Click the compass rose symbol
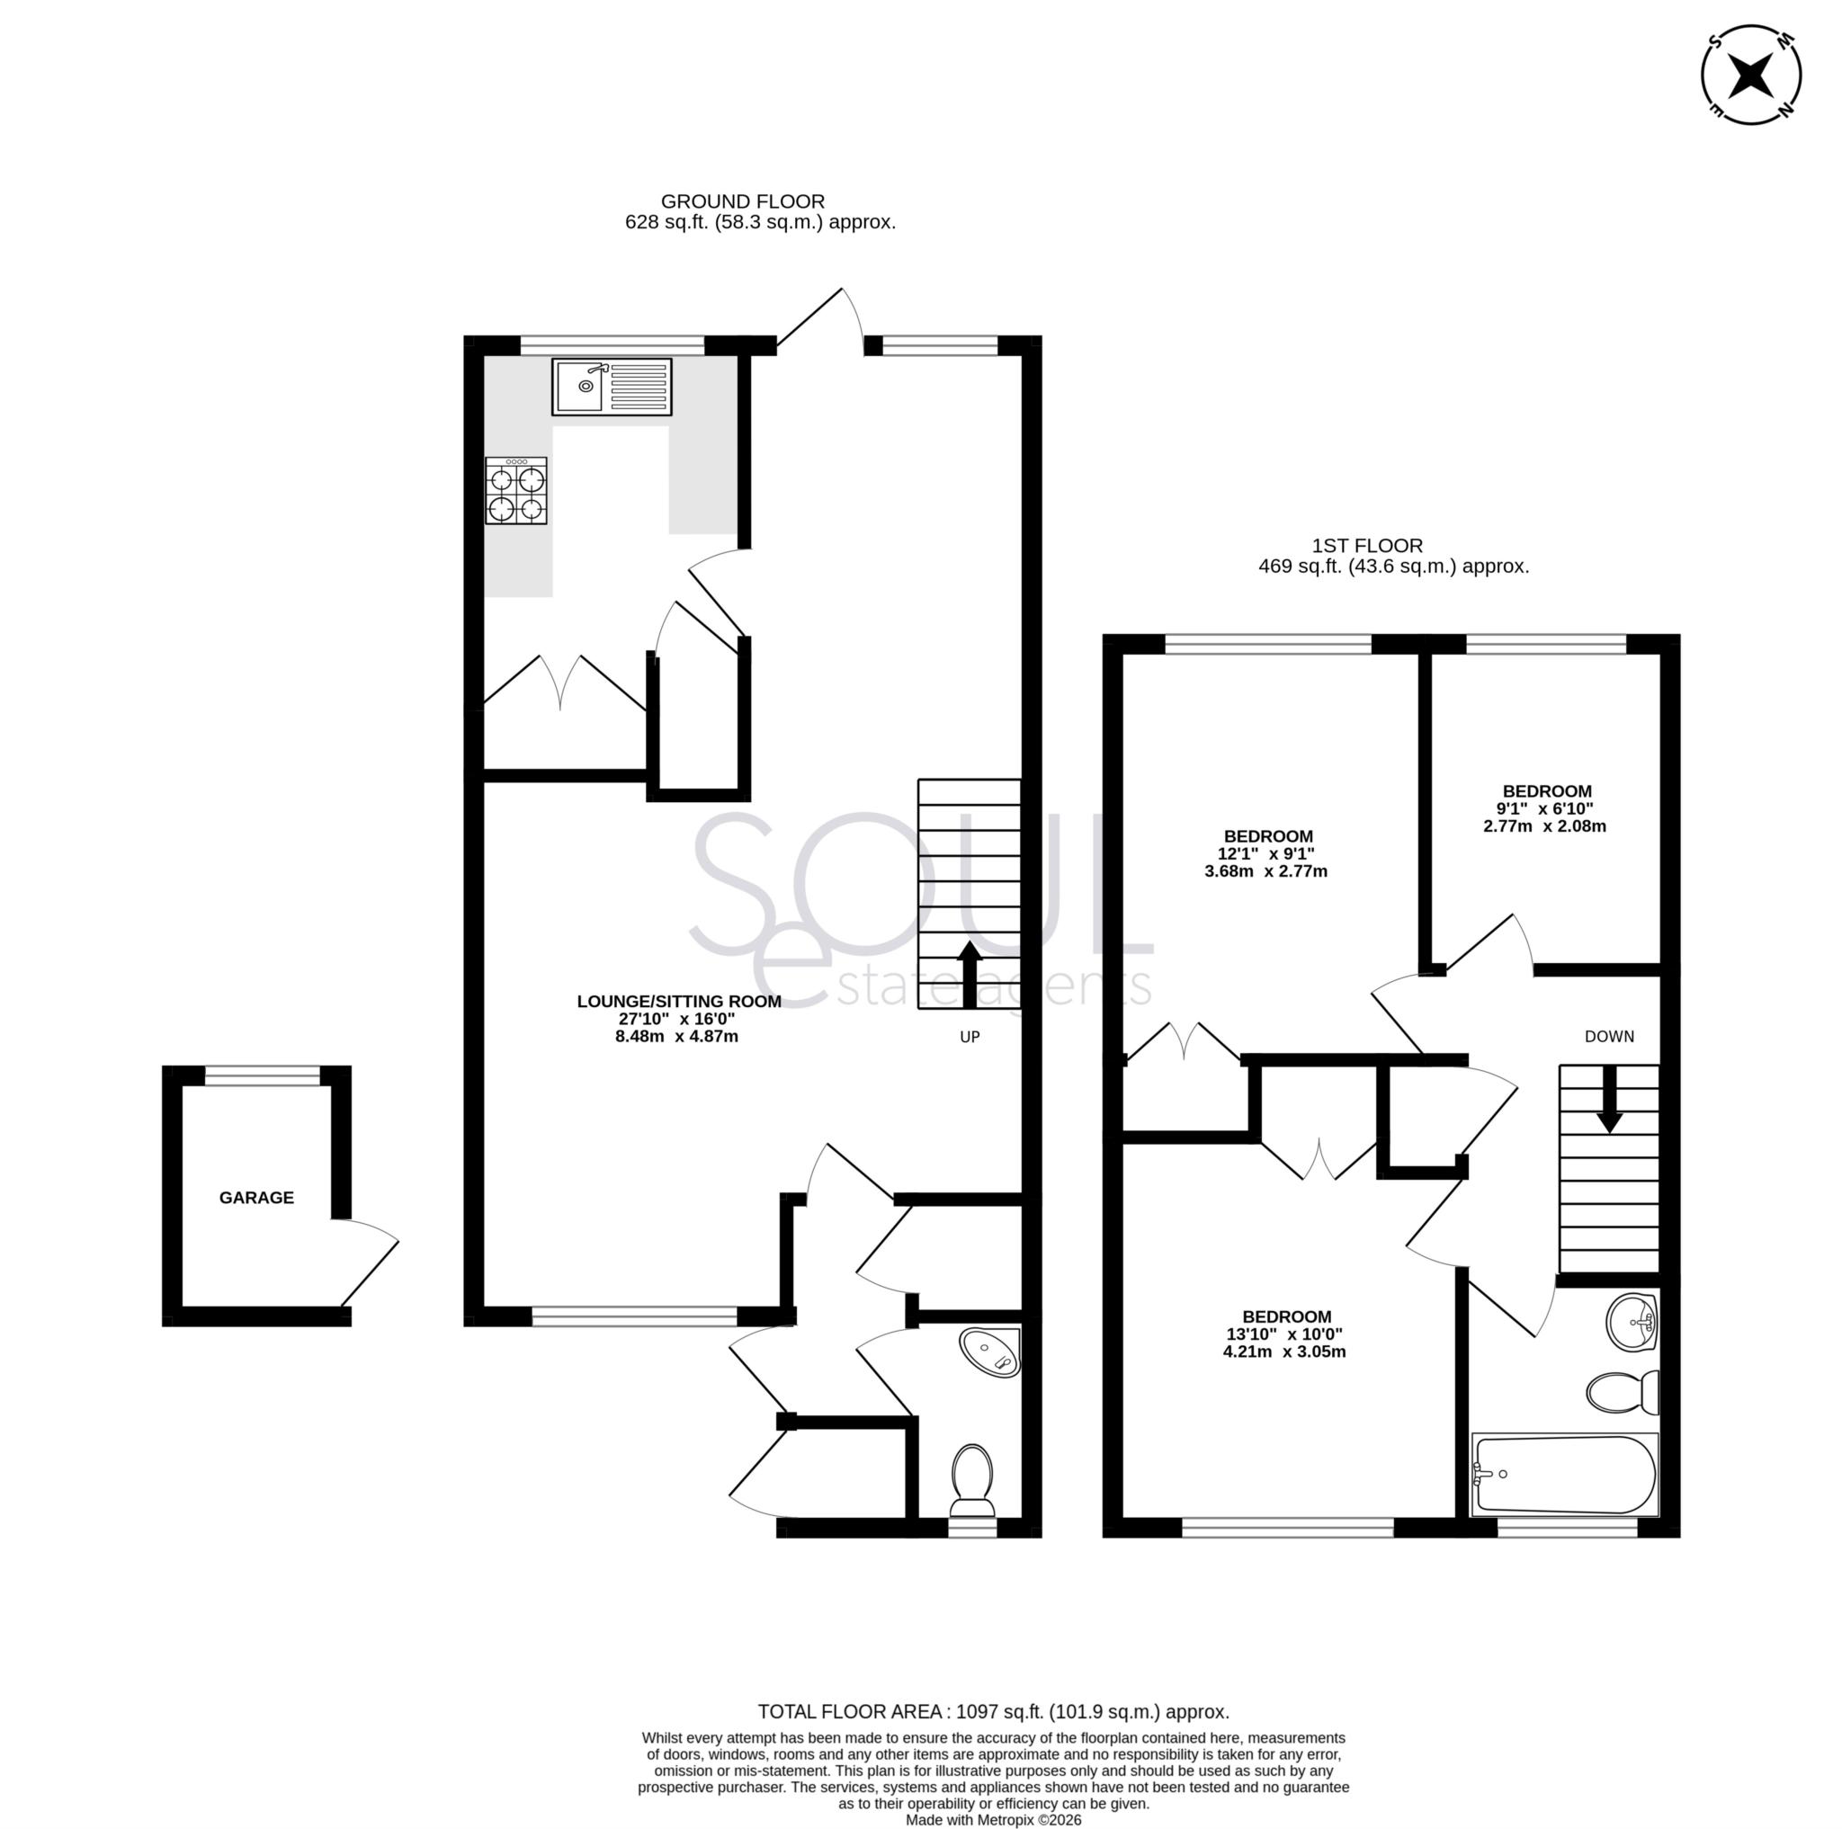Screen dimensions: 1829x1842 coord(1751,75)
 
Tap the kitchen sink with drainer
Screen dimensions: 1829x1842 coord(611,386)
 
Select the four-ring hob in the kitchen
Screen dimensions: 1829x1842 coord(517,490)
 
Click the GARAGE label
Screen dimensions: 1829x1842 coord(256,1198)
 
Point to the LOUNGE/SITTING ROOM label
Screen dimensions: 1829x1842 coord(679,1001)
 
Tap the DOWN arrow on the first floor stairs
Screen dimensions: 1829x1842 coord(1609,1098)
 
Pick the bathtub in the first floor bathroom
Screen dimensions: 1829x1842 coord(1565,1475)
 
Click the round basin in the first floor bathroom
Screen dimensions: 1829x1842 coord(1632,1322)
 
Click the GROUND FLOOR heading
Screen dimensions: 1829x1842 coord(743,201)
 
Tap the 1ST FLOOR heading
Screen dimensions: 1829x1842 coord(1367,545)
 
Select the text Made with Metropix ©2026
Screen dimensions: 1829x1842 coord(994,1819)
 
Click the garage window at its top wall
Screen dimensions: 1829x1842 coord(264,1076)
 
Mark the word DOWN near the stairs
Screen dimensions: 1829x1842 coord(1609,1036)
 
